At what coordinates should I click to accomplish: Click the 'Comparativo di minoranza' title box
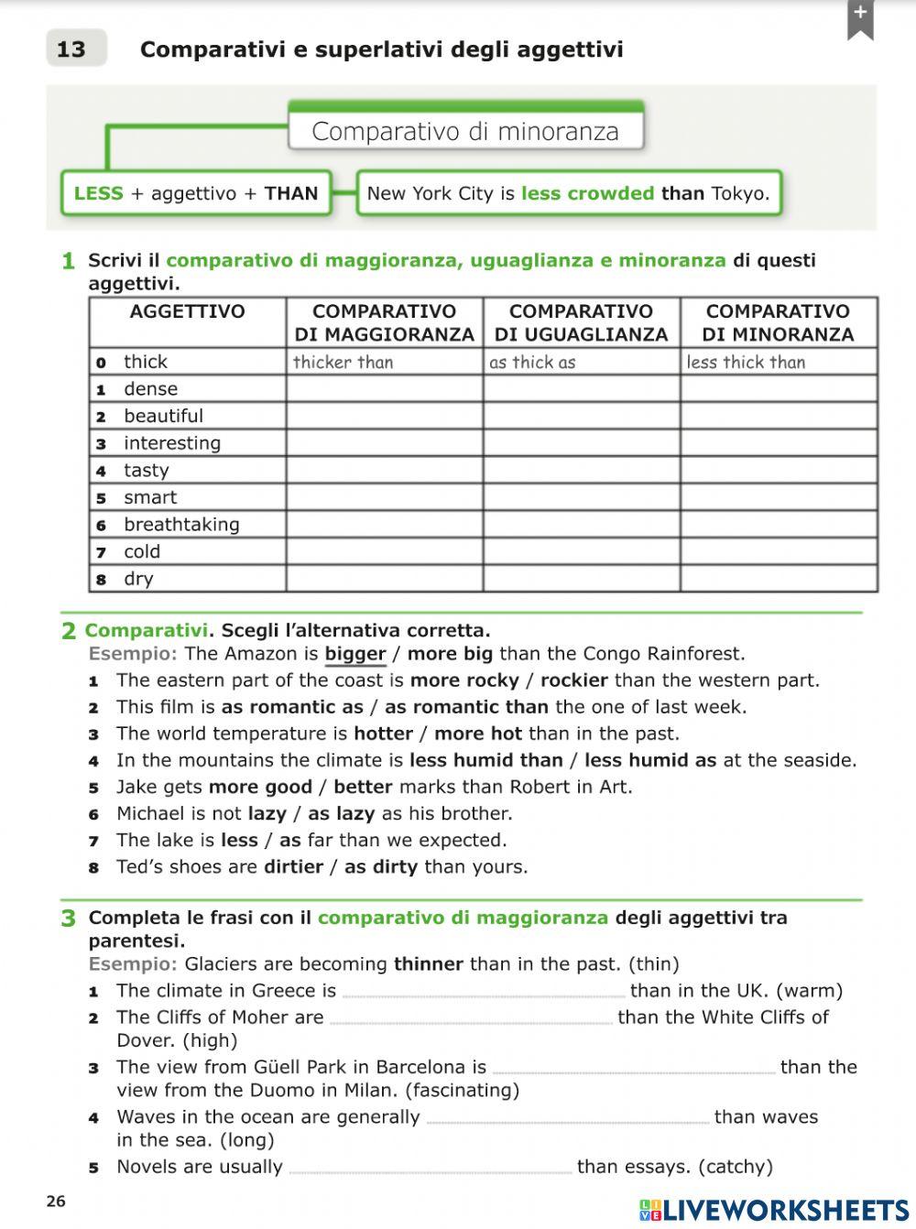[465, 131]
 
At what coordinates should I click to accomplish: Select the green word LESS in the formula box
[98, 193]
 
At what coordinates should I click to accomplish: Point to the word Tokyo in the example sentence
[738, 193]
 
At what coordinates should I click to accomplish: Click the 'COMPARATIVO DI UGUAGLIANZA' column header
[581, 322]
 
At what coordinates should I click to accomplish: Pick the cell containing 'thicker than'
[384, 362]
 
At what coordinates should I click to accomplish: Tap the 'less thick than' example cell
[778, 362]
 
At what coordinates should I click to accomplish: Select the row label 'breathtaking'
[181, 525]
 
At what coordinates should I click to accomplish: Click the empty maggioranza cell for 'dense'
[384, 389]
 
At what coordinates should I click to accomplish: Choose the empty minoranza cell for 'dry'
[778, 579]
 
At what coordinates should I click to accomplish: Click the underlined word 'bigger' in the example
[355, 654]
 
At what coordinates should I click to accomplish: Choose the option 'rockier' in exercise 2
[573, 680]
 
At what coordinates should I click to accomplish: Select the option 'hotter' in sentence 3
[383, 734]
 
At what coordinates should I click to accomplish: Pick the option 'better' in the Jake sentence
[363, 787]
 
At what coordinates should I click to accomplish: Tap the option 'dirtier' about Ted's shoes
[293, 866]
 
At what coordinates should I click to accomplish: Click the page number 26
[56, 1201]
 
